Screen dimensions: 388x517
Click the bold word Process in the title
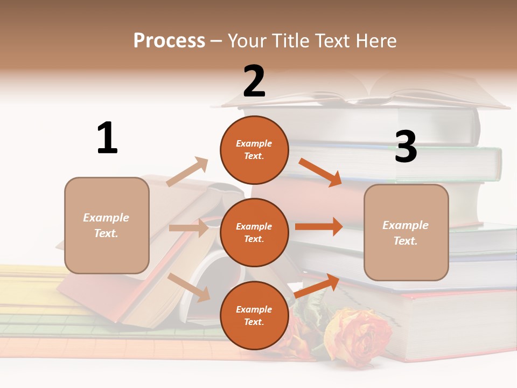pos(169,40)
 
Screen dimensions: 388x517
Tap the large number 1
pos(107,138)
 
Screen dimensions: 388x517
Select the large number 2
pos(254,81)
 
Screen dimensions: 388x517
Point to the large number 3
pos(406,147)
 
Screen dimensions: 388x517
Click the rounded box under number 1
pos(107,225)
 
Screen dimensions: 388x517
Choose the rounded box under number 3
pos(406,233)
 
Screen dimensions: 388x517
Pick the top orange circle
pos(254,150)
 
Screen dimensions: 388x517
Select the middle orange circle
pos(254,233)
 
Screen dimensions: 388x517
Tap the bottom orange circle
pos(254,316)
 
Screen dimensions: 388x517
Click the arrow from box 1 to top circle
pos(187,172)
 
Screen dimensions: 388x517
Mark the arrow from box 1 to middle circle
pos(188,228)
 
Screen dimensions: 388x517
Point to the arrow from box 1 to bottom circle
pos(189,287)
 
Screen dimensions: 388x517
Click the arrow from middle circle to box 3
pos(319,226)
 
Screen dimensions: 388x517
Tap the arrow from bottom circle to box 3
pos(317,286)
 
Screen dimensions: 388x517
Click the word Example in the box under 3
pos(406,225)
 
